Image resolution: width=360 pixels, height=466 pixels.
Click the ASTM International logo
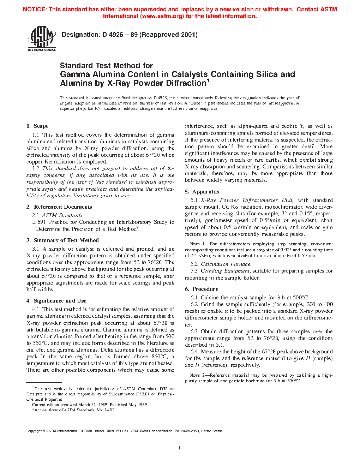tap(42, 40)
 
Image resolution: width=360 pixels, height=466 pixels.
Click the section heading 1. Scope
tap(37, 126)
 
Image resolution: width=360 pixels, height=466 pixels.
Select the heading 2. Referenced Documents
tap(59, 207)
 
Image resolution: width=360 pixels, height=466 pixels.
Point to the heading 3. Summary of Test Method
tap(62, 240)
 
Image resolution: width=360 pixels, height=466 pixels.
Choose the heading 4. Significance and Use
tap(56, 301)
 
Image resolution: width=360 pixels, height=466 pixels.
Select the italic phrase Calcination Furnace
tap(226, 264)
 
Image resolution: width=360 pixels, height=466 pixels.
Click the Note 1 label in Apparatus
tap(196, 244)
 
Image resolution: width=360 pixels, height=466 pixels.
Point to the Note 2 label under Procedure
tap(196, 375)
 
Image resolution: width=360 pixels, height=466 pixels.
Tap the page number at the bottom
tap(180, 448)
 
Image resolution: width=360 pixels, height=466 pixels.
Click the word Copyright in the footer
tap(34, 431)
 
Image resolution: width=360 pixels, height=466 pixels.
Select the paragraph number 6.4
tap(194, 352)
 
